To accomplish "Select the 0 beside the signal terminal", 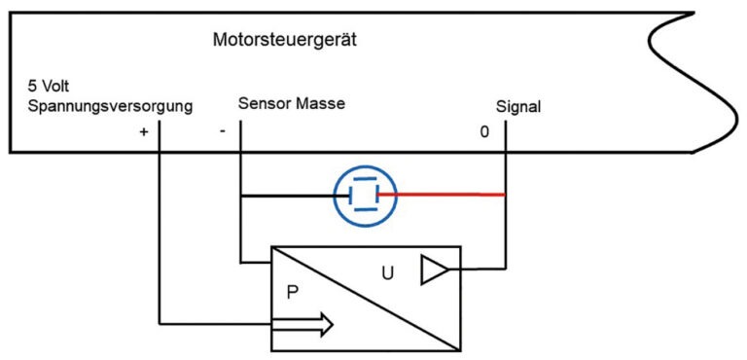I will pyautogui.click(x=484, y=132).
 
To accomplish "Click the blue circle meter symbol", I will pyautogui.click(x=364, y=194).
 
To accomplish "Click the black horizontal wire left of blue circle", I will pyautogui.click(x=287, y=194).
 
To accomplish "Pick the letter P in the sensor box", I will pyautogui.click(x=292, y=289).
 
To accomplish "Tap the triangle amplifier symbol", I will pyautogui.click(x=432, y=270).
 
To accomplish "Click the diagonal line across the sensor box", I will pyautogui.click(x=365, y=298).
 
